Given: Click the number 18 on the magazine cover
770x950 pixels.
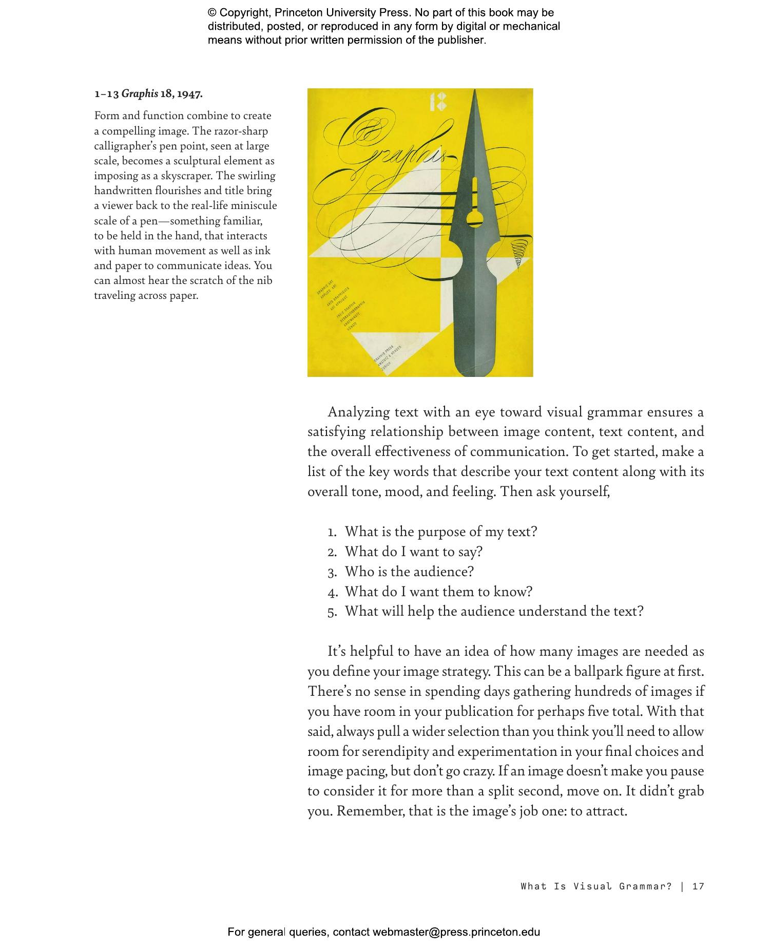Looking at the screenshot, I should coord(438,102).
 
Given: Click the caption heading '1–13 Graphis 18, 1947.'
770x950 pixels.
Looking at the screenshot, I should coord(148,94).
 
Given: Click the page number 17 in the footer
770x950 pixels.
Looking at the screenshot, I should coord(698,886).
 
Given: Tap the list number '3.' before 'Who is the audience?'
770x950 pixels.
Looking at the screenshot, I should coord(332,572).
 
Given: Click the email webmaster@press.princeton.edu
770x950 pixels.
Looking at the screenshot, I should coord(456,932).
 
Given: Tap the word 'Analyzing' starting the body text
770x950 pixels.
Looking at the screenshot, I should coord(359,412).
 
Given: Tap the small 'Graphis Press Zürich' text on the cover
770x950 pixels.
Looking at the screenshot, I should coord(388,356).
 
